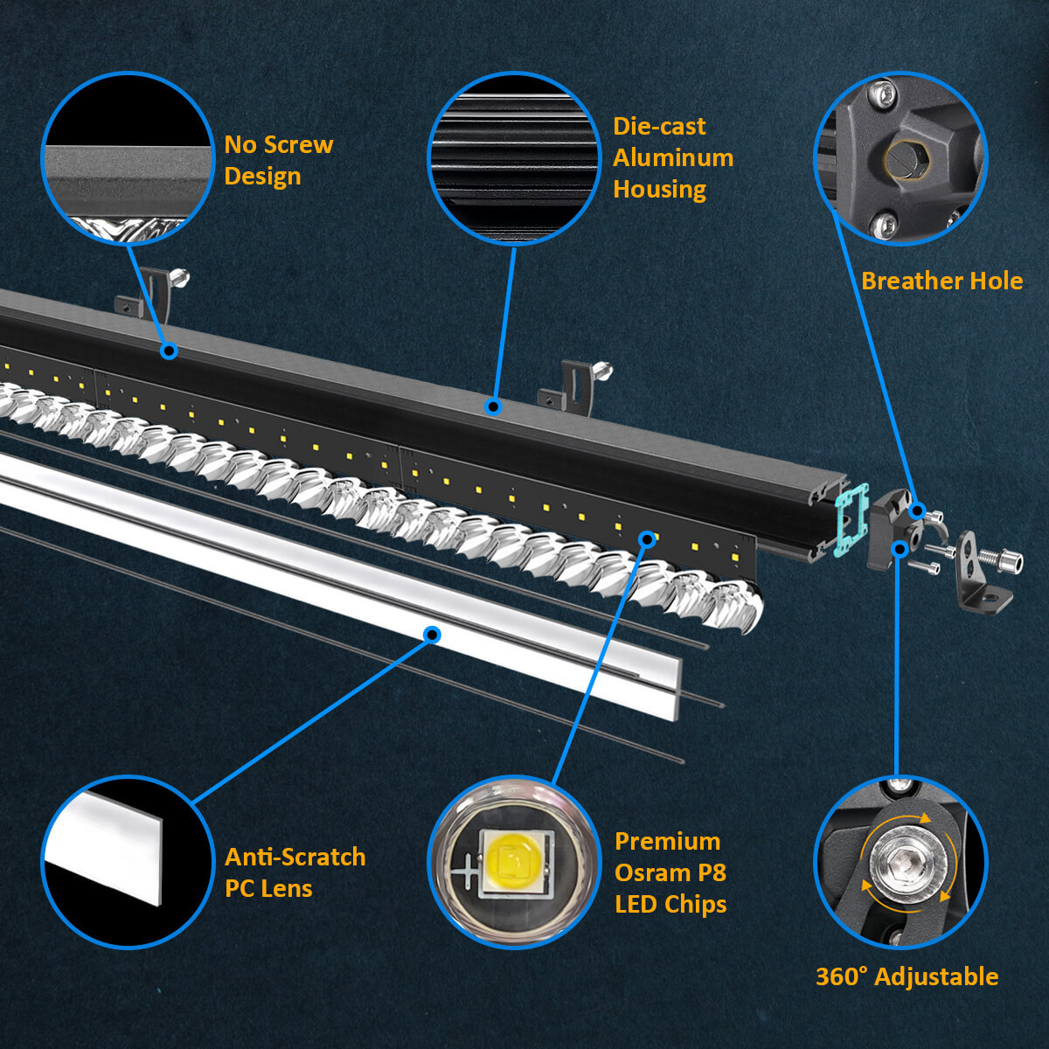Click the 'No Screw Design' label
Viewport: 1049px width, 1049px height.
point(278,161)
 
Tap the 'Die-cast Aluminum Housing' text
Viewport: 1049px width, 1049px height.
point(672,158)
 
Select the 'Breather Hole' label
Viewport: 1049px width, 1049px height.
point(941,281)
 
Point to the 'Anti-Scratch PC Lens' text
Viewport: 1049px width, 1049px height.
point(295,872)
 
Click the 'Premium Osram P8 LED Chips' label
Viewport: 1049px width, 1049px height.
point(670,872)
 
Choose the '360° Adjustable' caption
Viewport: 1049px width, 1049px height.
point(907,976)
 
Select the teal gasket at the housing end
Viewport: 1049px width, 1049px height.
point(850,520)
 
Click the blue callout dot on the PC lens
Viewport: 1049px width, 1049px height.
point(431,635)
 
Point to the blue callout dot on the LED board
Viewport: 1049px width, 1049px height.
point(647,538)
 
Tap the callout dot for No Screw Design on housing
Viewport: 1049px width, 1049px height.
point(169,351)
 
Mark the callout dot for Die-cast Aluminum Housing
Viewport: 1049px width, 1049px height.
point(493,406)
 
